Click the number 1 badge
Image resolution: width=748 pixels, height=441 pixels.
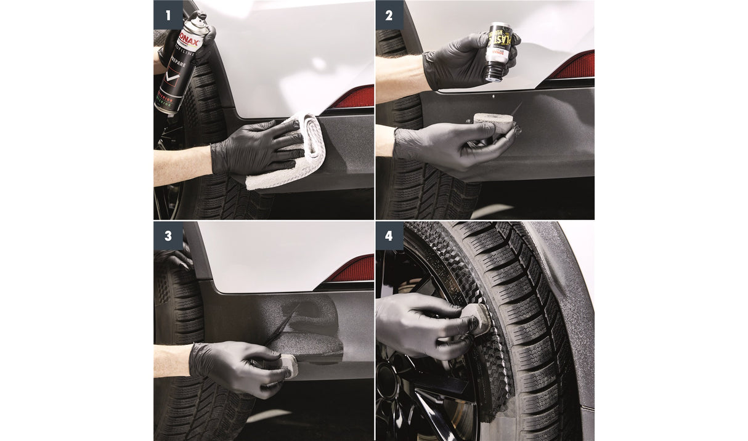[168, 15]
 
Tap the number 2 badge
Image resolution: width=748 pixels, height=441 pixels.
[389, 15]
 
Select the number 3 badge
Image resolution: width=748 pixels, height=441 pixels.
[168, 236]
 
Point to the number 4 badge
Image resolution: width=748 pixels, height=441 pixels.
[389, 236]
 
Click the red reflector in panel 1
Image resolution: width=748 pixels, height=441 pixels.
[354, 97]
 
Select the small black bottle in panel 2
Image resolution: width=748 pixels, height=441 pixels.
[498, 52]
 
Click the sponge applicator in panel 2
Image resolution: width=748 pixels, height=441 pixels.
[493, 123]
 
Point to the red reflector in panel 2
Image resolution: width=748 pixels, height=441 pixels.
[573, 65]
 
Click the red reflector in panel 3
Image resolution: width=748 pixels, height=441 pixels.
[351, 269]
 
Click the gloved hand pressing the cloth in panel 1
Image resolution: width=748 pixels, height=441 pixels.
[253, 148]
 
